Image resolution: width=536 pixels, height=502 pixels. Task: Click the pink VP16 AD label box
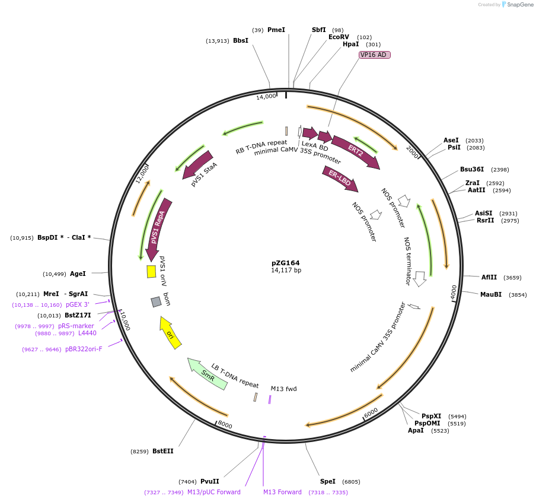(374, 55)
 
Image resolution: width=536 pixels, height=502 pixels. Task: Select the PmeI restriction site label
(276, 30)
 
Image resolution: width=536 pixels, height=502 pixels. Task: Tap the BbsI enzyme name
(241, 40)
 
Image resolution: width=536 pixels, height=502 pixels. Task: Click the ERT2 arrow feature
(356, 151)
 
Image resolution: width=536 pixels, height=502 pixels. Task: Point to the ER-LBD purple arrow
(340, 180)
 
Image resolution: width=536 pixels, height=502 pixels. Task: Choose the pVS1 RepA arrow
(158, 228)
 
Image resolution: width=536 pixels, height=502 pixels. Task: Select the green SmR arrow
(207, 374)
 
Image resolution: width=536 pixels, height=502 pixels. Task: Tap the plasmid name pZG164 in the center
(286, 263)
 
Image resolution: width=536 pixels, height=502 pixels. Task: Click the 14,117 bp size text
(286, 271)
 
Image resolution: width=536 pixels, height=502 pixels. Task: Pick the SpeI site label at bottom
(328, 482)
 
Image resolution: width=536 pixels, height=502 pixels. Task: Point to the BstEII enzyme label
(163, 451)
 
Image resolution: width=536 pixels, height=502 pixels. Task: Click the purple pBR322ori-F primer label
(84, 349)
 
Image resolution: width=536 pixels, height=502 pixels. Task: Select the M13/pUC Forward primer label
(214, 492)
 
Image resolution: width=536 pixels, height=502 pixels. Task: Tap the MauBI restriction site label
(491, 294)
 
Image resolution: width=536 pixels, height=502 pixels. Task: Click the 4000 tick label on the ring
(454, 292)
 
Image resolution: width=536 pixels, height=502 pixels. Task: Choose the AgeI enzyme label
(78, 274)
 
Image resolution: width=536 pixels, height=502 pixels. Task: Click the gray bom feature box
(156, 302)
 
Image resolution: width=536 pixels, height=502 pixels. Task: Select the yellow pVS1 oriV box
(151, 271)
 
